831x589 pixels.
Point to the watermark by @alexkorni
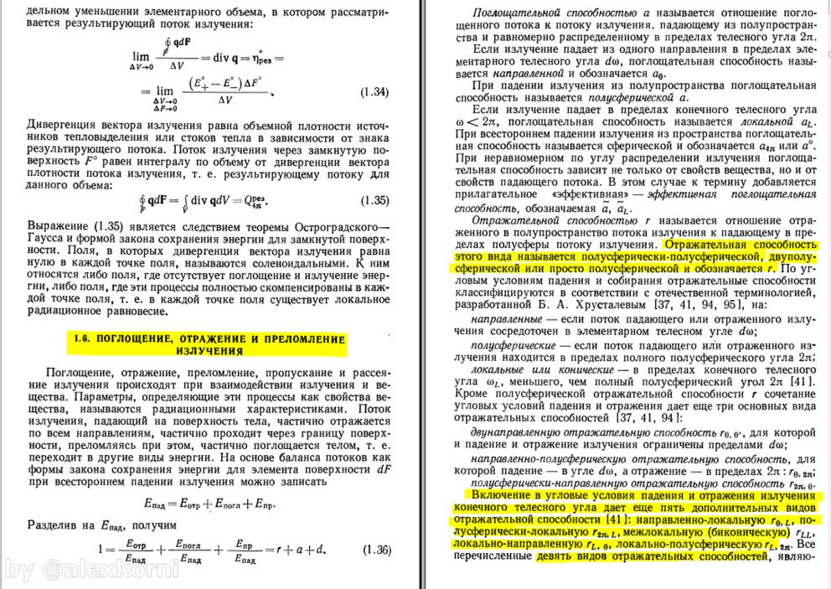[92, 571]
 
